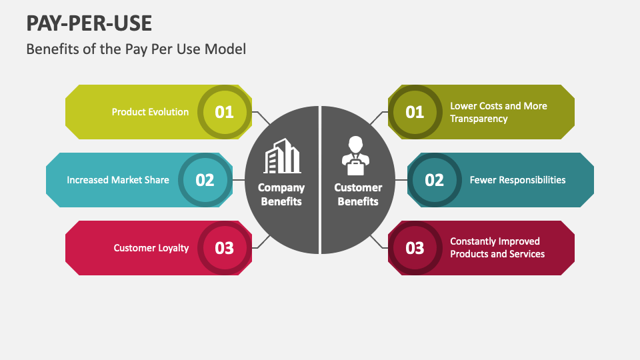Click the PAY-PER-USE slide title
coord(89,23)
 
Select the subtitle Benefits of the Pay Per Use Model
coord(136,49)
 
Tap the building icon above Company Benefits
coord(282,156)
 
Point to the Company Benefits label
coord(281,194)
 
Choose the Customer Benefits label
coord(358,194)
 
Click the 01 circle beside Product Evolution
coord(225,112)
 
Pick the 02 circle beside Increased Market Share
coord(205,180)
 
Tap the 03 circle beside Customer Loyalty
coord(225,248)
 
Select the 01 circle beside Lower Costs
coord(415,112)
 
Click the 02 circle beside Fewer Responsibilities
coord(434,180)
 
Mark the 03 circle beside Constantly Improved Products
coord(415,248)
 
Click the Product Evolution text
coord(150,112)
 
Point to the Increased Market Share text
coord(118,180)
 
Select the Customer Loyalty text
coord(151,248)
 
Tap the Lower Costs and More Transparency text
coord(498,112)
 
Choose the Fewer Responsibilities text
coord(517,180)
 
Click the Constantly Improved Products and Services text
coord(497,248)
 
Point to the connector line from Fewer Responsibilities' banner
coord(401,180)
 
